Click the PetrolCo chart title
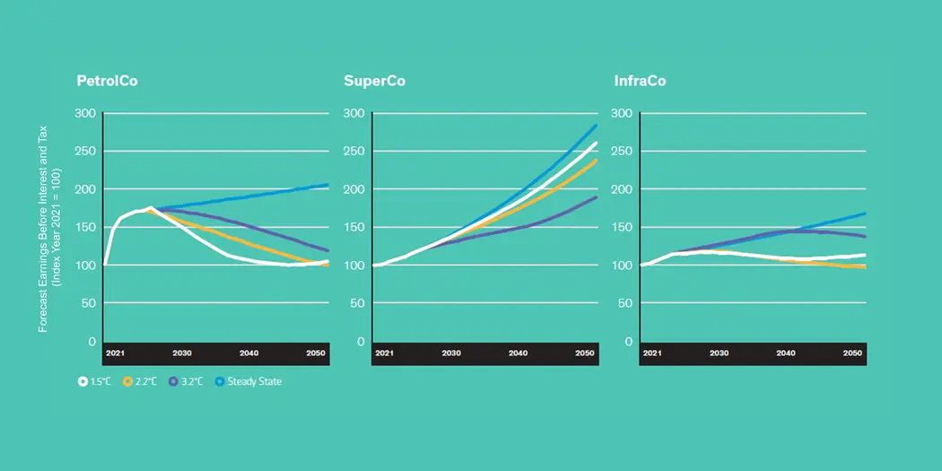click(107, 82)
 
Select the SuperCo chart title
click(374, 82)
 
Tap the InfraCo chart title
click(640, 82)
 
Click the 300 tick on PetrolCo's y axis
click(86, 113)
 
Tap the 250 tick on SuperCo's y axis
click(353, 152)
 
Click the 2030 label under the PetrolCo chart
click(182, 353)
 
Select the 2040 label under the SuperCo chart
click(518, 353)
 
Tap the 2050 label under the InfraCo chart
click(852, 353)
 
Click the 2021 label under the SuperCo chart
click(384, 353)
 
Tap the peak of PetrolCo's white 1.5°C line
click(150, 208)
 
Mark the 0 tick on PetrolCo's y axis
click(92, 342)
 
